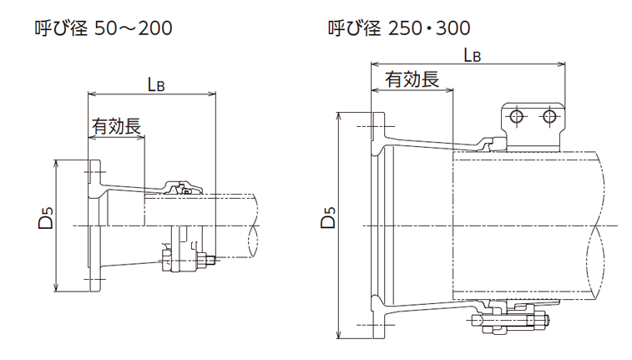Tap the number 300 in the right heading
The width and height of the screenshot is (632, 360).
pos(452,29)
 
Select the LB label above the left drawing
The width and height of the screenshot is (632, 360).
pos(154,84)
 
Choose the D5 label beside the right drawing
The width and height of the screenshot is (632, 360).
pos(328,219)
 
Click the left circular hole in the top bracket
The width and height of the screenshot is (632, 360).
pos(518,115)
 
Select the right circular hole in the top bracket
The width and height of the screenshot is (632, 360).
pos(549,115)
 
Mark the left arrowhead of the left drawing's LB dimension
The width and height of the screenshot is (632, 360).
pos(90,93)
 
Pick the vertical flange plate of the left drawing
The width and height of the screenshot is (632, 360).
pos(94,224)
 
